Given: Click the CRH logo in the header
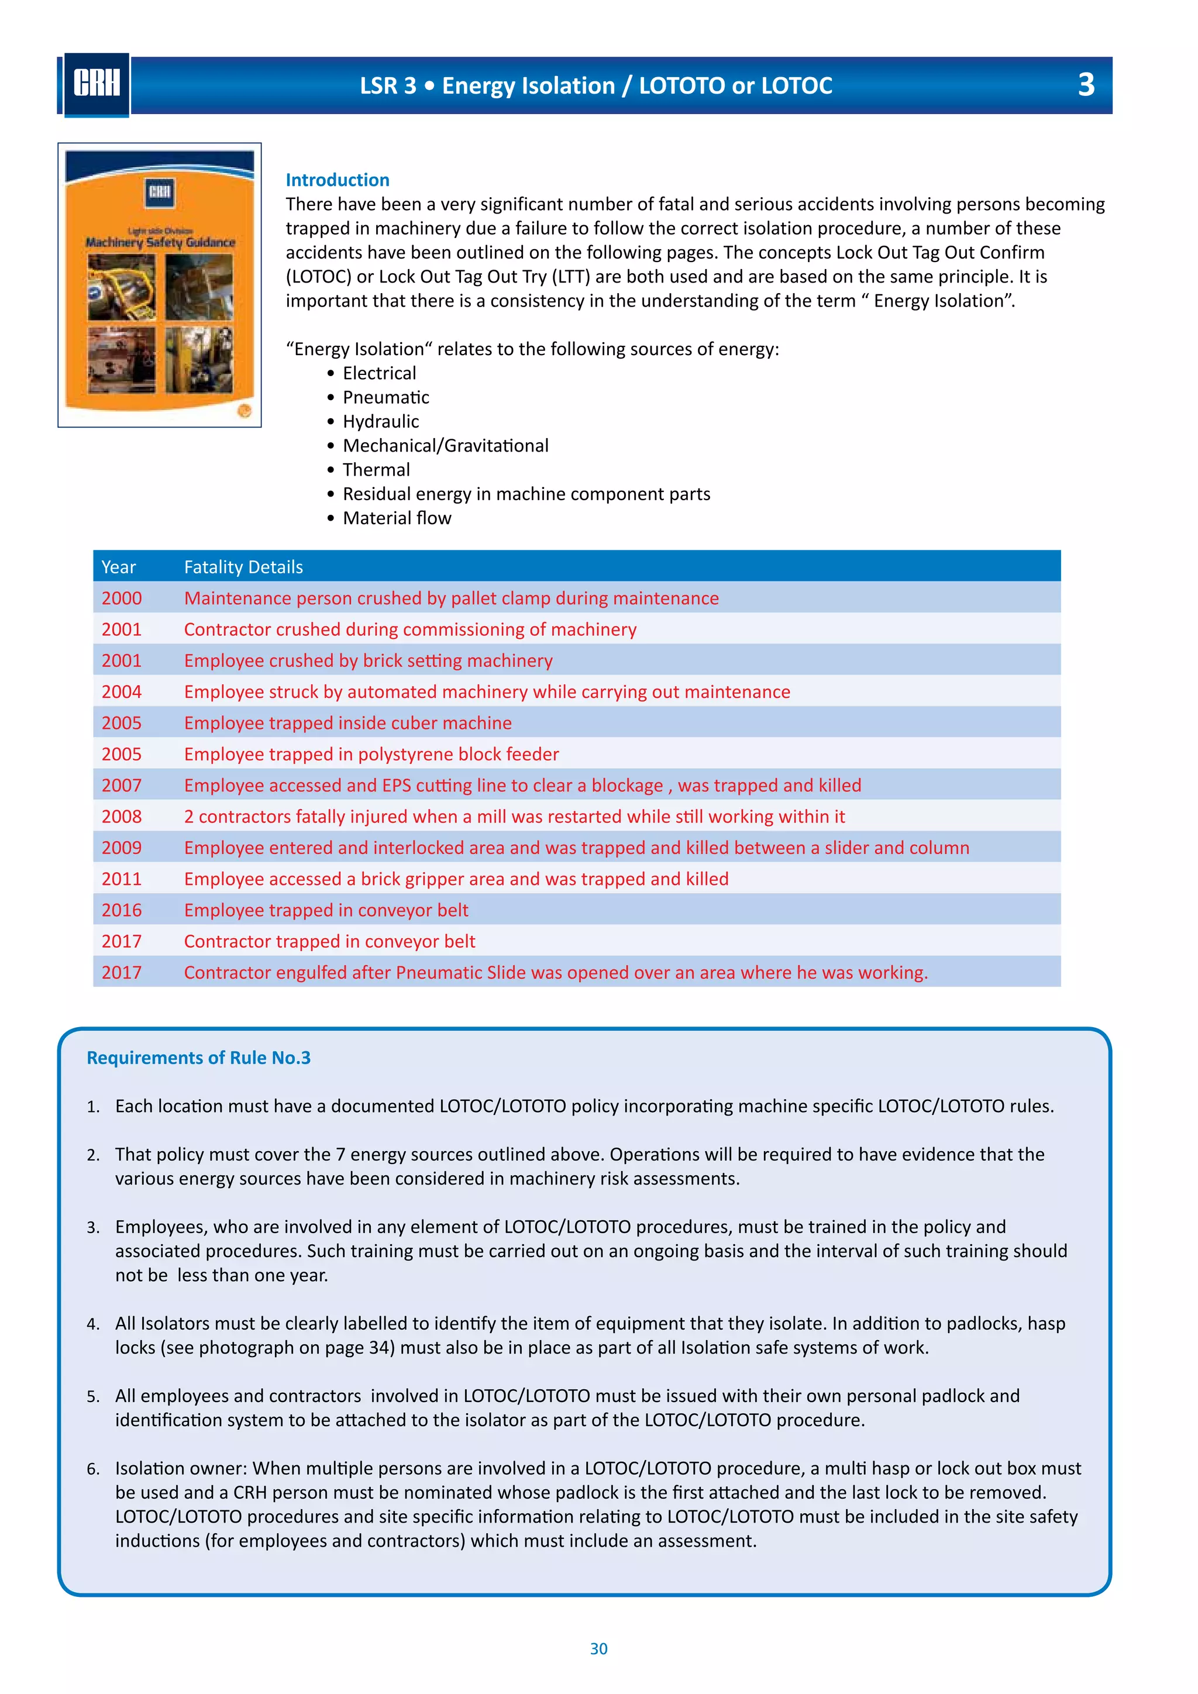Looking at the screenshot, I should click(x=97, y=84).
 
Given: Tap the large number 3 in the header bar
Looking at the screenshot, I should click(x=1085, y=85).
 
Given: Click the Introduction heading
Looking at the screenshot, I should click(x=337, y=180).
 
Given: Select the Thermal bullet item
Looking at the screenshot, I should click(x=376, y=470).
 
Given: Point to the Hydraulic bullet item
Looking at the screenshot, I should click(x=381, y=421).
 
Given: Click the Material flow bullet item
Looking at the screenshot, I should click(x=397, y=518).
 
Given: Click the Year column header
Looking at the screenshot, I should click(x=119, y=567).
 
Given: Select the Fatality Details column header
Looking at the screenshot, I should click(x=243, y=567).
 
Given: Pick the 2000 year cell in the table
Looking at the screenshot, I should click(x=122, y=598).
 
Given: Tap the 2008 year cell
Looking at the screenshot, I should click(x=122, y=816).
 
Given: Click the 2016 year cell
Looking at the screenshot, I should click(x=122, y=910).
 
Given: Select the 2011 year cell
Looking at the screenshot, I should click(x=122, y=879).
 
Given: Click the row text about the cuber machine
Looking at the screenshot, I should click(x=347, y=722).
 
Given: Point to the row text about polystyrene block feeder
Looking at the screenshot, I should click(x=371, y=754).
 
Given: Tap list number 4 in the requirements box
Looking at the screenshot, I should click(x=93, y=1324).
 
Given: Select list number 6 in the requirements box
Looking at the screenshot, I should click(x=93, y=1469).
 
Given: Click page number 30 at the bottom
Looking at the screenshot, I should click(x=598, y=1648).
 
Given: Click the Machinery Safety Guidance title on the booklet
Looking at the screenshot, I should click(x=160, y=242).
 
